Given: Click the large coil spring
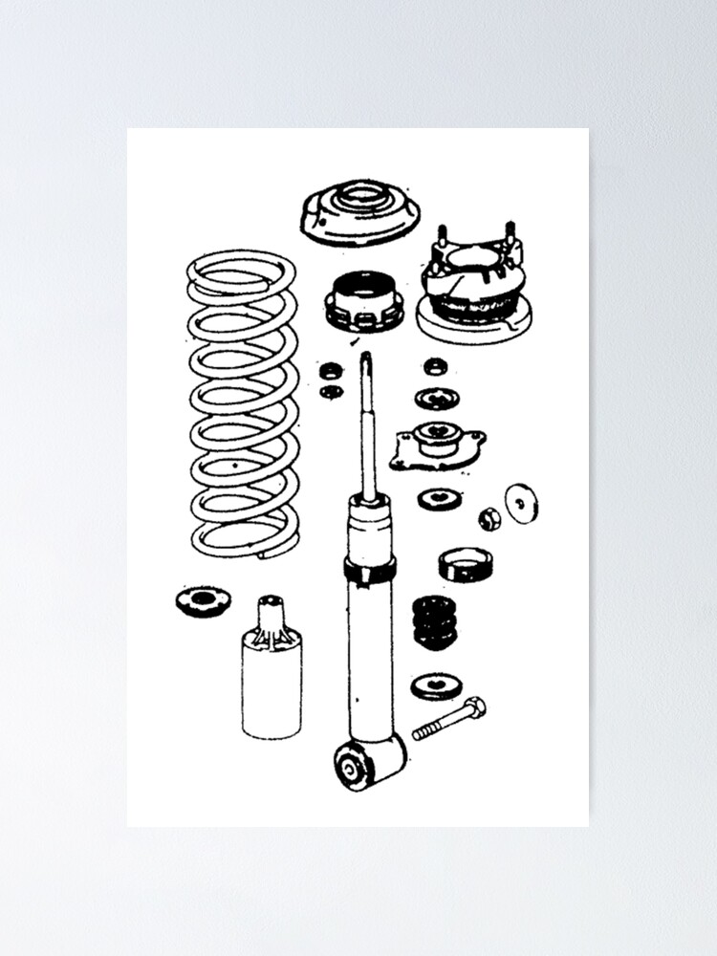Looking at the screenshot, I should tap(242, 402).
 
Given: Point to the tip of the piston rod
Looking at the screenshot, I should tap(366, 358).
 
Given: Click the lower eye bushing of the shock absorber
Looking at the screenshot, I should tap(351, 765).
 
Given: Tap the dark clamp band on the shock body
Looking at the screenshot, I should tap(370, 571).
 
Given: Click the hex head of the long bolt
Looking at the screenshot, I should tap(475, 708).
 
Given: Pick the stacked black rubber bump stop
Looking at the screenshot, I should tap(434, 622).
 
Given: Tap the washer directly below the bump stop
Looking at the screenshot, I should tap(435, 685).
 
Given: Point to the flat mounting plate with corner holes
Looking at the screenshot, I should tap(437, 445).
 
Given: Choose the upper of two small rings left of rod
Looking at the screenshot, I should tap(331, 370).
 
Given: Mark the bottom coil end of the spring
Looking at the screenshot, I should tap(272, 551).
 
